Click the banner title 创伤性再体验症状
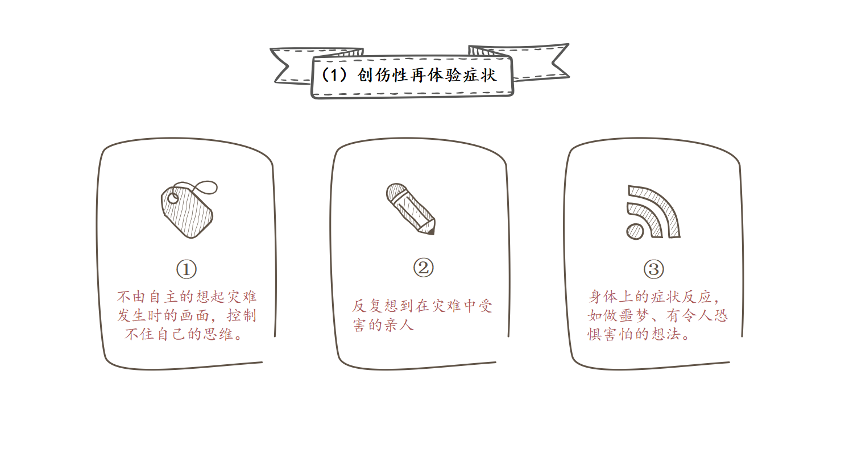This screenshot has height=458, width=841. point(427,76)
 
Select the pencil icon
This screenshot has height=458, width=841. point(411,209)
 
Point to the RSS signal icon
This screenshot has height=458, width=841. point(653,213)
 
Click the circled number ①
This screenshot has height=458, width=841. point(187,269)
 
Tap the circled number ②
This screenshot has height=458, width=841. point(424,268)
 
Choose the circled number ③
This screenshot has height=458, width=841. point(654,269)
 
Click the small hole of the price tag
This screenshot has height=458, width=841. point(173,198)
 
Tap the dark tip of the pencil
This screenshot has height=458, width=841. point(432,231)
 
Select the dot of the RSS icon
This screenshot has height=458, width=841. point(635,231)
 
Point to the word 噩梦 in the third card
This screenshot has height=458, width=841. point(634,315)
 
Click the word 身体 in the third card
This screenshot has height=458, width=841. point(603,297)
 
